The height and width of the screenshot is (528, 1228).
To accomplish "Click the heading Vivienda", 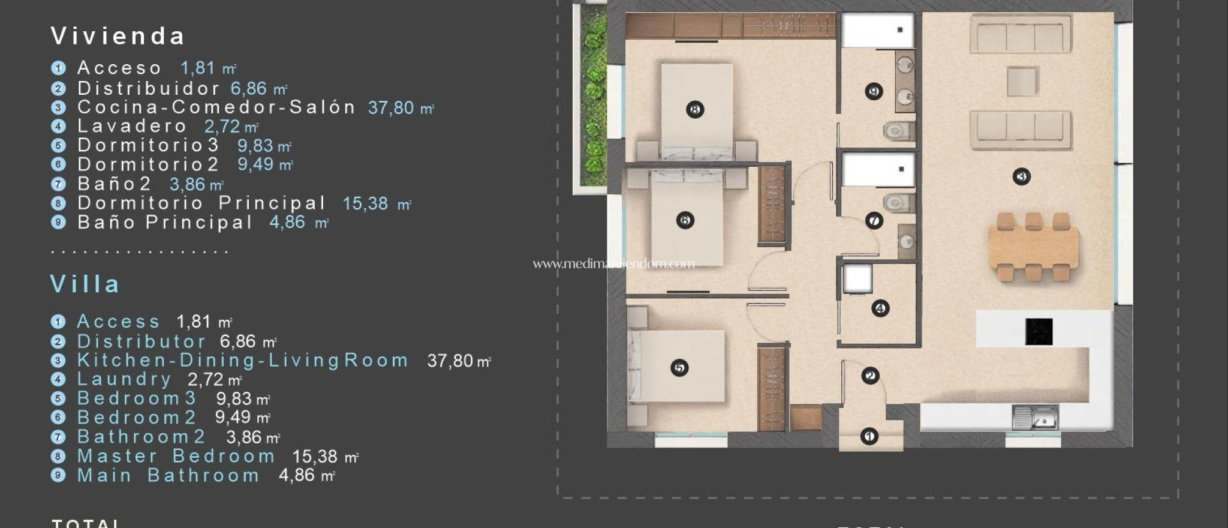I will click(118, 37).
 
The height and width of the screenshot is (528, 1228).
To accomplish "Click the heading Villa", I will click(85, 284).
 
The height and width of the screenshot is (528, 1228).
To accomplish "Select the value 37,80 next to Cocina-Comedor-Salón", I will click(391, 108).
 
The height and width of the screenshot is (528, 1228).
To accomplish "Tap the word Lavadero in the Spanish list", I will click(133, 126).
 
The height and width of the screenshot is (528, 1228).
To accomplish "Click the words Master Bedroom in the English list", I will click(176, 457).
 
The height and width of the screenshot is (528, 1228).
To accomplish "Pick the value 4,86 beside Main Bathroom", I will click(297, 475).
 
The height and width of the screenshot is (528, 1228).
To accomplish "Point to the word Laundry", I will click(125, 379).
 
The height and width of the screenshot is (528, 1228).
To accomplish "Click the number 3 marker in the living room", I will click(1021, 176).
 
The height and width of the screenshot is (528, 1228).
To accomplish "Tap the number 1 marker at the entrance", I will click(869, 436).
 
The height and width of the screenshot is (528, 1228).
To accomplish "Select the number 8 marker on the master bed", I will click(695, 110).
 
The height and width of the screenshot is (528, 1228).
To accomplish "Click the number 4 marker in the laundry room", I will click(880, 308).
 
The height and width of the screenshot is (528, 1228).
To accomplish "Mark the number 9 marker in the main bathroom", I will click(874, 91).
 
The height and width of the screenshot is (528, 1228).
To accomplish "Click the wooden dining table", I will click(1033, 247).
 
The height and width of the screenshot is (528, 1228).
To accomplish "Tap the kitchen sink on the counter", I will click(1035, 417).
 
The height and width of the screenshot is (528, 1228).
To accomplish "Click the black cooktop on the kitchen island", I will click(1039, 331).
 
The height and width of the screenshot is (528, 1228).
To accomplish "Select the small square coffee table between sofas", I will click(1022, 82).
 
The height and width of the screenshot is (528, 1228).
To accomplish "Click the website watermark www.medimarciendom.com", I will click(613, 263).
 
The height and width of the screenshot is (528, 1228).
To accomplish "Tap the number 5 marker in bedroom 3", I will click(679, 368).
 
